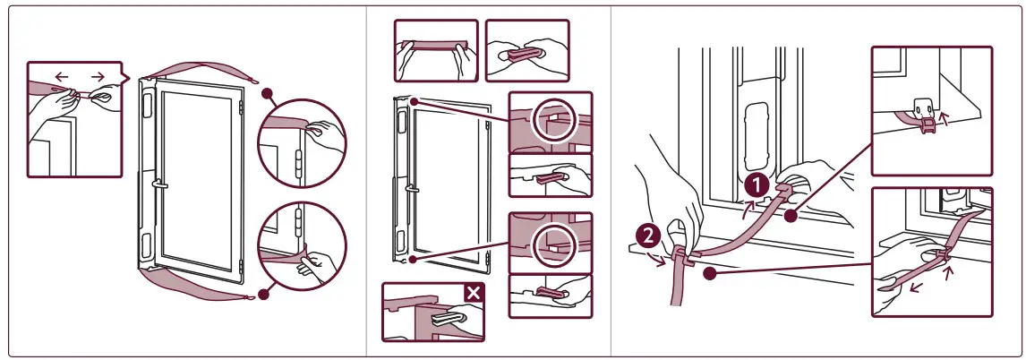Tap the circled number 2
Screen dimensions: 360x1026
coord(649,237)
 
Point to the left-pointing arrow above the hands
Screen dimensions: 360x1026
coord(61,77)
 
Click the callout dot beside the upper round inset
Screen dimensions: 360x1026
coord(267,92)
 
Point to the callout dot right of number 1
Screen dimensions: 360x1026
coord(790,215)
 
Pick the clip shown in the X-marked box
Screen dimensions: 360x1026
coord(445,319)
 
